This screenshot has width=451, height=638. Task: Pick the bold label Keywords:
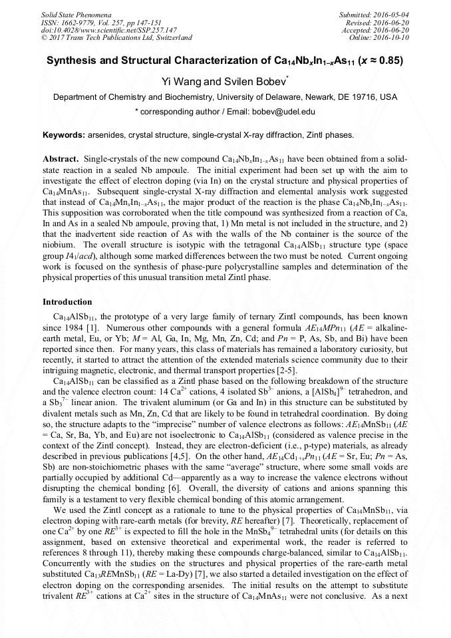coord(64,135)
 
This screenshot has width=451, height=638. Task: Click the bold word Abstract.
coord(61,160)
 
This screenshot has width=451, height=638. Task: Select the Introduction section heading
coord(67,302)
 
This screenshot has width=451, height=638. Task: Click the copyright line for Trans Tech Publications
coord(116,38)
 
